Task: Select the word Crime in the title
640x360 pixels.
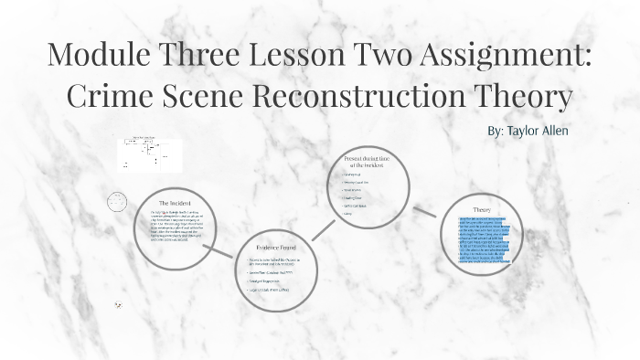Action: pos(112,96)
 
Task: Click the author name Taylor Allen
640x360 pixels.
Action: pos(528,132)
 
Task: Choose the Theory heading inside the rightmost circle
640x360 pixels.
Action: pos(482,209)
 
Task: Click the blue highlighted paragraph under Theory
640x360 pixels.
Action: pos(482,241)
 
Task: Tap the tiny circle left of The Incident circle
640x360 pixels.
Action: pos(116,202)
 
